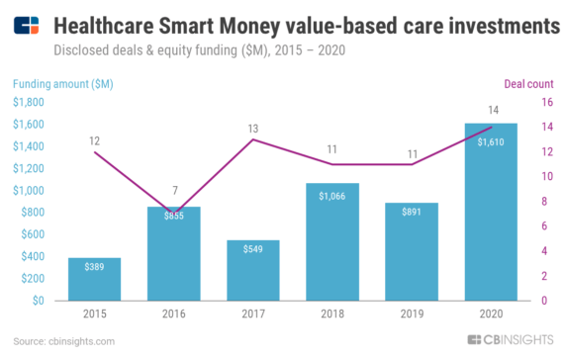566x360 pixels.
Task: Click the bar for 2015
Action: pos(95,279)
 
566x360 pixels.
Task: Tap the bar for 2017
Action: pos(253,270)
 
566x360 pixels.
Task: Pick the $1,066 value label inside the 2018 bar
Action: pos(332,197)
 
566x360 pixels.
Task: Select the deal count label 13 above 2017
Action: pos(253,128)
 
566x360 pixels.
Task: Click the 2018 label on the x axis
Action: pos(332,315)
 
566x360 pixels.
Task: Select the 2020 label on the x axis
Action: pos(491,315)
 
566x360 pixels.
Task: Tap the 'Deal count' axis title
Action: pos(528,83)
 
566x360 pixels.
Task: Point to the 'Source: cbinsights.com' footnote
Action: pos(64,341)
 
